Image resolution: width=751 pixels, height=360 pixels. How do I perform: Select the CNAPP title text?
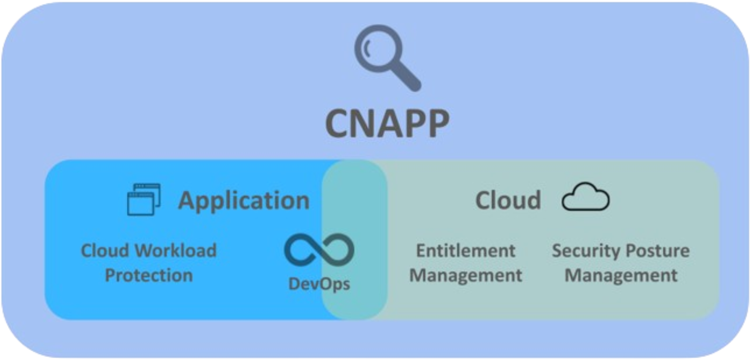coord(387,124)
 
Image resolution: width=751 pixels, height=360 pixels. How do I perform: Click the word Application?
coord(244,201)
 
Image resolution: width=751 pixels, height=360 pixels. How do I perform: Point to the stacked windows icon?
coord(144,199)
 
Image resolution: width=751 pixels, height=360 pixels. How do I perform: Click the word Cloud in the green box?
coord(508,200)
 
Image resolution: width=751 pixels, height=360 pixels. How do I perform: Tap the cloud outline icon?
coord(585,197)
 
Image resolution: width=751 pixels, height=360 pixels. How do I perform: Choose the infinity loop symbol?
coord(319,250)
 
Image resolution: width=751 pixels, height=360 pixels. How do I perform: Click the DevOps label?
coord(319,284)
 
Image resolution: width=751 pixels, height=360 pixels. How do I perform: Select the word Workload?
coord(175,251)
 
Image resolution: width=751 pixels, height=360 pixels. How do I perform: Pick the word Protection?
coord(149,276)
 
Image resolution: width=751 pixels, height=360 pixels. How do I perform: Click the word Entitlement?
coord(466,251)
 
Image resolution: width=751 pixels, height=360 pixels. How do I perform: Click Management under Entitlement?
coord(466,276)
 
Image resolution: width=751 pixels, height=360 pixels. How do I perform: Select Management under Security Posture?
coord(621,276)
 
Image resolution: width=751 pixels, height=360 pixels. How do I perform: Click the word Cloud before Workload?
coord(105,251)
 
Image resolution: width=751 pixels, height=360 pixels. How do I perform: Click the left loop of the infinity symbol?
coord(301,250)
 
